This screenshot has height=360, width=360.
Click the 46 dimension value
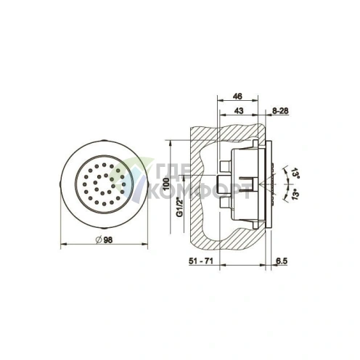pos(237,97)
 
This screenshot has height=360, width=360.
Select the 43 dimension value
pos(239,111)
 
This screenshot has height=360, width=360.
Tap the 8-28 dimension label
pos(280,111)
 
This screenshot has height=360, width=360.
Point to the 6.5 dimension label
pos(282,261)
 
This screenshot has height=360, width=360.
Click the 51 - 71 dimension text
pos(201,261)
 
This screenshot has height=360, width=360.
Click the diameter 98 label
pos(105,240)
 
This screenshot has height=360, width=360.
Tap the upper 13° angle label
pos(295,173)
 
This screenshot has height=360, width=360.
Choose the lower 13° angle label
pos(295,195)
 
